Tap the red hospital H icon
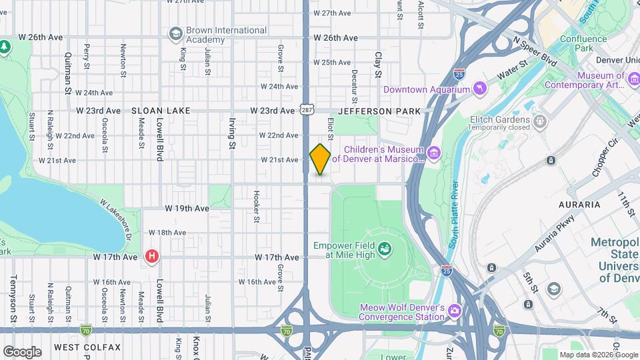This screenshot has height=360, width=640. point(152,256)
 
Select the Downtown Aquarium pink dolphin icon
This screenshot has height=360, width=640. point(479,89)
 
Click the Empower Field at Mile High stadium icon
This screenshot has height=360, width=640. point(385,250)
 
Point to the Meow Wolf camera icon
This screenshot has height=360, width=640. point(454,311)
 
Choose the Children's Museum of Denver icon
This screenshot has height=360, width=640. point(434,154)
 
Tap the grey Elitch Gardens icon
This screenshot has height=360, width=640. point(539,121)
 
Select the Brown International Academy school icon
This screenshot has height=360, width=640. point(175,34)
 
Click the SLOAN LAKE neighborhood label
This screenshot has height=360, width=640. point(161,111)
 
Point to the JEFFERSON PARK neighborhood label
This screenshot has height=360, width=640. point(379,111)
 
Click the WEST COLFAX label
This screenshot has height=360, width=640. point(87,347)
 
